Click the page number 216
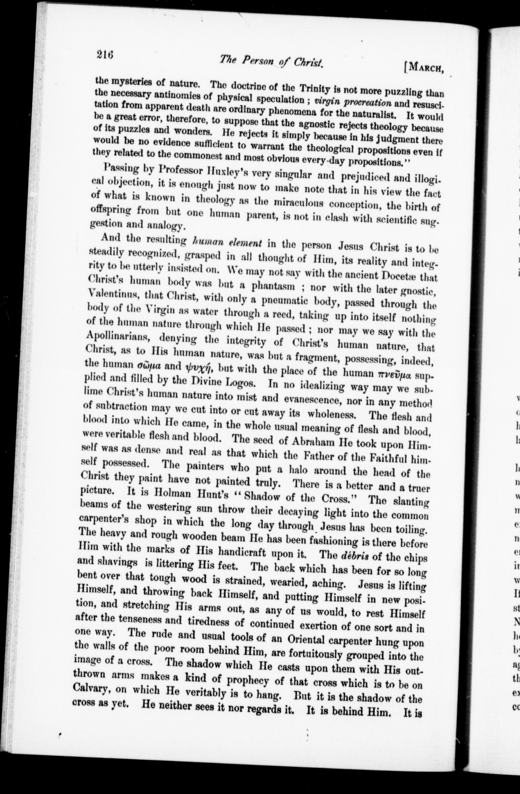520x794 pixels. (105, 54)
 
